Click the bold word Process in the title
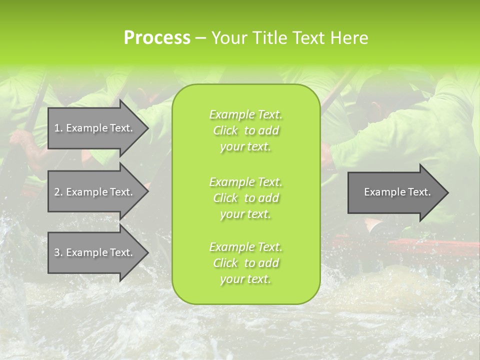point(157,38)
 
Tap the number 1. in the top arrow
point(58,128)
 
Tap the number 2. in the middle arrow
point(58,192)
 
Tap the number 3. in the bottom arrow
point(58,252)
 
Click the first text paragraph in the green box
point(245,130)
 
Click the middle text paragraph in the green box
point(245,197)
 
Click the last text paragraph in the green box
point(245,263)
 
